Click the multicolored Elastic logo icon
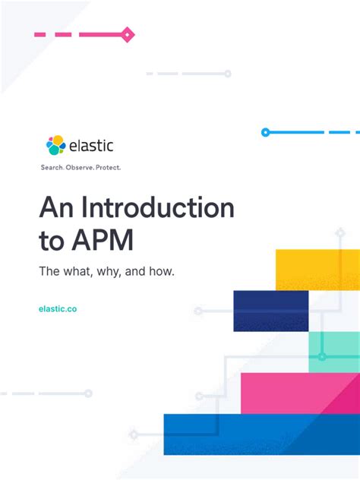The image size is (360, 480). pyautogui.click(x=55, y=145)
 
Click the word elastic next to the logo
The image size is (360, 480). pyautogui.click(x=91, y=145)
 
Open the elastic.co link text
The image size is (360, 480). pyautogui.click(x=57, y=309)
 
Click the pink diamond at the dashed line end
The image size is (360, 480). pyautogui.click(x=128, y=34)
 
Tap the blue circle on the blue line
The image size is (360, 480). pyautogui.click(x=265, y=132)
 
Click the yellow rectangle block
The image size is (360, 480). pyautogui.click(x=317, y=270)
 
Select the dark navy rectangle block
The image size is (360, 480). pyautogui.click(x=270, y=311)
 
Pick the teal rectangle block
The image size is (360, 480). pyautogui.click(x=333, y=352)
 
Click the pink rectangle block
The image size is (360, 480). pyautogui.click(x=299, y=393)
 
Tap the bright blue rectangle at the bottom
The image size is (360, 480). pyautogui.click(x=261, y=434)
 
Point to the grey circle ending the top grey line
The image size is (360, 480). pyautogui.click(x=227, y=74)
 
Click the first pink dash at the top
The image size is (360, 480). pyautogui.click(x=40, y=34)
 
